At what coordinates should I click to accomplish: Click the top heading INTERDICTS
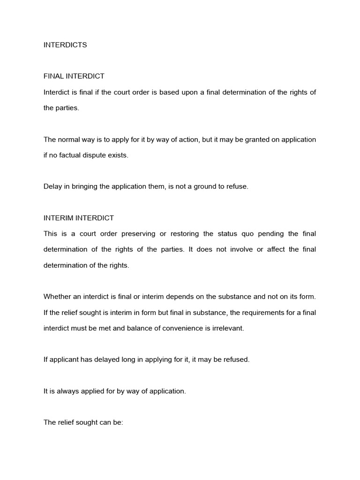[65, 45]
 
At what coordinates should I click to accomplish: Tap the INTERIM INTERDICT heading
[79, 218]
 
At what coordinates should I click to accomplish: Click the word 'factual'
[71, 155]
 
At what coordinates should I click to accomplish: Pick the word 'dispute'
[97, 155]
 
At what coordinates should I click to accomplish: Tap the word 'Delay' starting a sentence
[52, 186]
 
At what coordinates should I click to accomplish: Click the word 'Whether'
[57, 296]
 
